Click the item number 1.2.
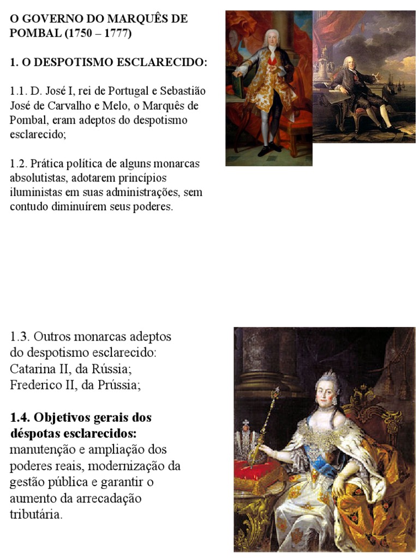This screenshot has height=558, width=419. pos(18,163)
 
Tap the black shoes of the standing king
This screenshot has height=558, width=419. pos(269,147)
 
